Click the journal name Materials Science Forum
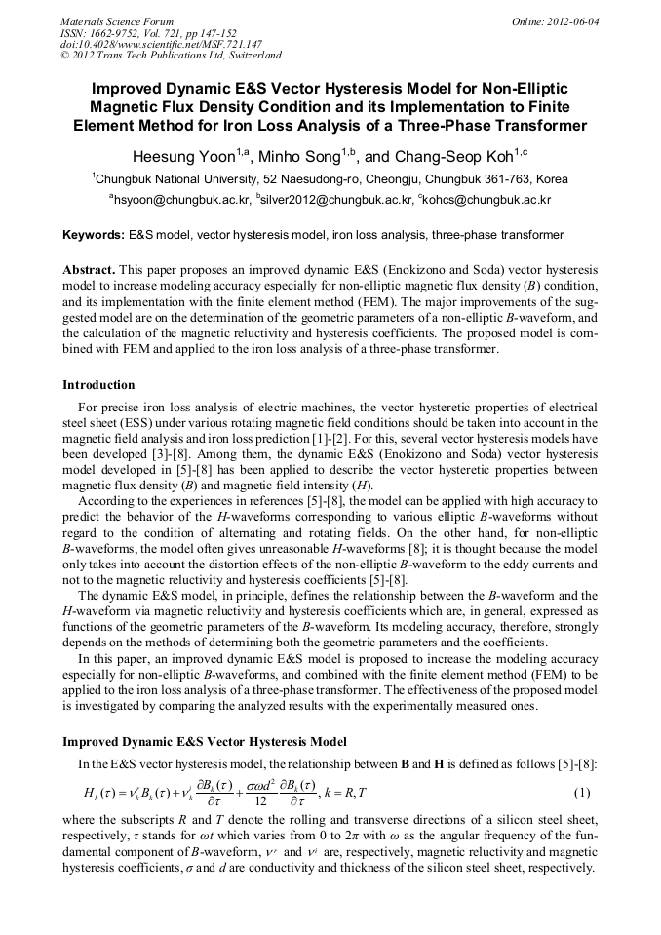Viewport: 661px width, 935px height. (117, 21)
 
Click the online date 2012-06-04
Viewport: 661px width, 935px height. (569, 21)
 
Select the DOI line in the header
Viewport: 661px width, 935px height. (162, 44)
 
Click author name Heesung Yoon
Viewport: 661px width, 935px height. (181, 156)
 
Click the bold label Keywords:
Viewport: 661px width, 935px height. (94, 236)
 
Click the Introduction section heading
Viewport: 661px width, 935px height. (98, 385)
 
